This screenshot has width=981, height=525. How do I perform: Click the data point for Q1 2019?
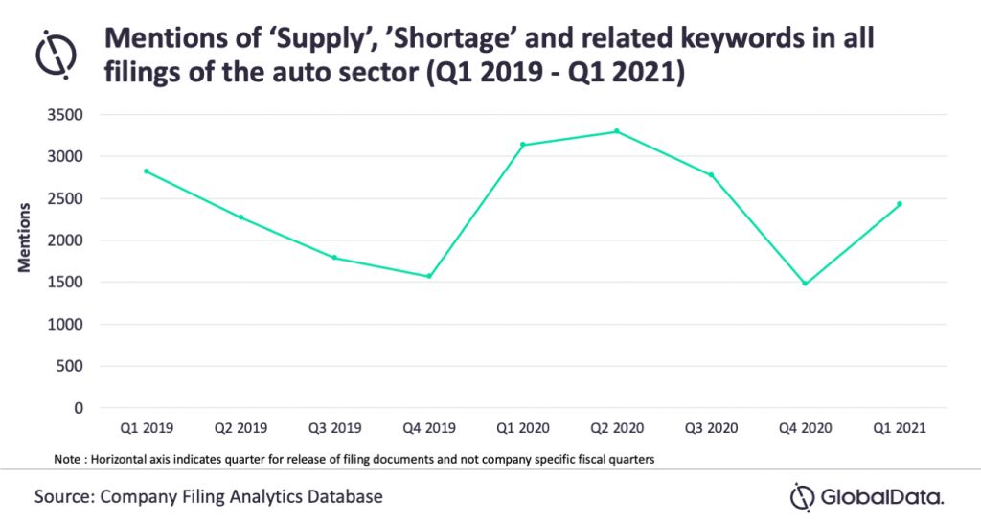[147, 171]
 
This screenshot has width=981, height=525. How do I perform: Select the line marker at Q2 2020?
[617, 131]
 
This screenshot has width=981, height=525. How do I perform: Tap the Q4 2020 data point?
[805, 284]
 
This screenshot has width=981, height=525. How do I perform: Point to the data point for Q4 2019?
[429, 276]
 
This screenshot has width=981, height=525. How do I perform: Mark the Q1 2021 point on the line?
[900, 203]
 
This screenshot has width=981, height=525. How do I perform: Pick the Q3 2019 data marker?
[334, 257]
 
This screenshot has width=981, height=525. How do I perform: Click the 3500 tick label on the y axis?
[65, 115]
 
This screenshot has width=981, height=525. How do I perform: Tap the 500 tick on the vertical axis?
[69, 366]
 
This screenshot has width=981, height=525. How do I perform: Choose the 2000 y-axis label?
[65, 240]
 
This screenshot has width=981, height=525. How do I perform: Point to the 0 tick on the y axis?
[79, 408]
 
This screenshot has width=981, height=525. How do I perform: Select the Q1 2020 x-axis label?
[523, 428]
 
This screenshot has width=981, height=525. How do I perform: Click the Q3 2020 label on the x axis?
[712, 428]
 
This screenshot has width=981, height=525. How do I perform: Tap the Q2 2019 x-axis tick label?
[240, 428]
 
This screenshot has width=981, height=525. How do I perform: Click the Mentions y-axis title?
[24, 238]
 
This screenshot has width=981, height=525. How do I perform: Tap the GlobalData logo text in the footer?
[881, 497]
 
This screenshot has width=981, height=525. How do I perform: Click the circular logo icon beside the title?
[56, 55]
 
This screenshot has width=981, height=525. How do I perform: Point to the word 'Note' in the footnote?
[67, 459]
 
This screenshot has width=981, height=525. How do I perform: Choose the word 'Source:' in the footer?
[64, 497]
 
